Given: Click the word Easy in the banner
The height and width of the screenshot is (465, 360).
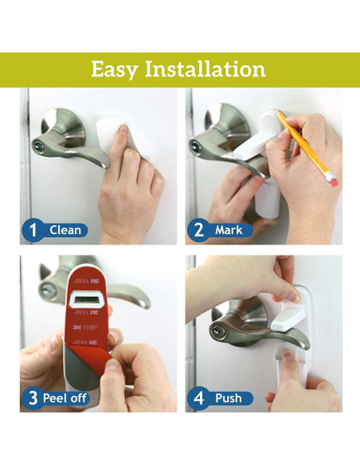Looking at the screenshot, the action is click(x=114, y=70).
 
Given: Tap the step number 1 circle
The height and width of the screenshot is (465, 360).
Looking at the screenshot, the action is click(x=33, y=230).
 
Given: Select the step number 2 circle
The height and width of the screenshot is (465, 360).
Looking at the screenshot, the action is click(x=198, y=230).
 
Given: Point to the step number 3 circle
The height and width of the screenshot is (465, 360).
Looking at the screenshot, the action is click(x=33, y=398).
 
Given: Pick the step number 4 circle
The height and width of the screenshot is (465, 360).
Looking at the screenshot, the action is click(x=198, y=398).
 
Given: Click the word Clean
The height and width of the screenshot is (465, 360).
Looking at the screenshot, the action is click(x=65, y=230).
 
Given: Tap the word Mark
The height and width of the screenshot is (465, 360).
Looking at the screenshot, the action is click(x=229, y=230).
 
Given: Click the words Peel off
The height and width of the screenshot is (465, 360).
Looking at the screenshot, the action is click(x=65, y=398).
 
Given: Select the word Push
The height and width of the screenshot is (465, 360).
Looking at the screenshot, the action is click(x=229, y=398).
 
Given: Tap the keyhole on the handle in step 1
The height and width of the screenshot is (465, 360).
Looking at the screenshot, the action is click(x=37, y=146).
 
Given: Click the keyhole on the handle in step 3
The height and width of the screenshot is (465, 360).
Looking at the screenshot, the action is click(x=47, y=290).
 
